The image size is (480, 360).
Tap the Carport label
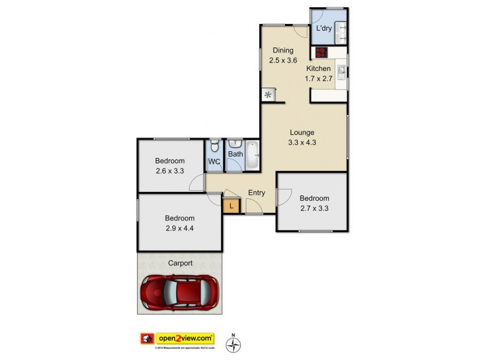coord(180,263)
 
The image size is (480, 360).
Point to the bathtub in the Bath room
coord(252,155)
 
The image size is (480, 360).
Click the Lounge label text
coord(302,133)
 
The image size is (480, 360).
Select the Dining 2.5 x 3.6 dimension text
coord(282,60)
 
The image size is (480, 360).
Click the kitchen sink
coord(341,71)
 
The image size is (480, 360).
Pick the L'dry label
coord(324,28)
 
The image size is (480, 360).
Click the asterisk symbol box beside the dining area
coord(268,95)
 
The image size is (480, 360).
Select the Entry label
coord(256,193)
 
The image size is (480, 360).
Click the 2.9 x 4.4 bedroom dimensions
coord(179,229)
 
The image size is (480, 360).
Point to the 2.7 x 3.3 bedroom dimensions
coord(314,209)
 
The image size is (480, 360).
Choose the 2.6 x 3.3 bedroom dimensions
coord(170,171)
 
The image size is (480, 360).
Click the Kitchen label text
coord(317,68)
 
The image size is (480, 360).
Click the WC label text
coord(214,161)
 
